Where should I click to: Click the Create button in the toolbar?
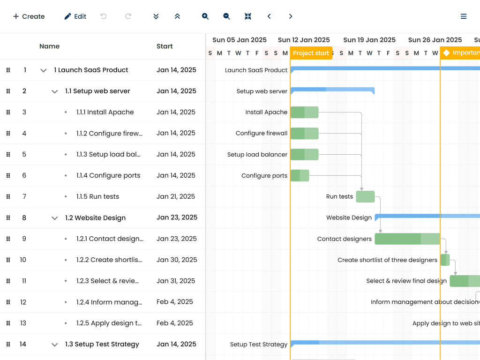29,16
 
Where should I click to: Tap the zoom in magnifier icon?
205,16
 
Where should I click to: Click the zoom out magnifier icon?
226,16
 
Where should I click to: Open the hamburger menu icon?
464,16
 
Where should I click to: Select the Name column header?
49,46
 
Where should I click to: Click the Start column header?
165,46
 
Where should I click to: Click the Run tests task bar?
365,197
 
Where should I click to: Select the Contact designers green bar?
407,239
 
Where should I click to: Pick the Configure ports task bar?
300,176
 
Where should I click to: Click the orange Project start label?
311,53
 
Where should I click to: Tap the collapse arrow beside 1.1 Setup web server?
55,91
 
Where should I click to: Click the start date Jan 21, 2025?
176,196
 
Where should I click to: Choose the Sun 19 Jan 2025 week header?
369,40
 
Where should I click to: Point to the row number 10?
23,260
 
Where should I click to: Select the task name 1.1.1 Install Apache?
105,112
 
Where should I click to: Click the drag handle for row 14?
8,344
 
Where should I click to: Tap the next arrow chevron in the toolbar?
291,16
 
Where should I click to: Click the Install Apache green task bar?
304,112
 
